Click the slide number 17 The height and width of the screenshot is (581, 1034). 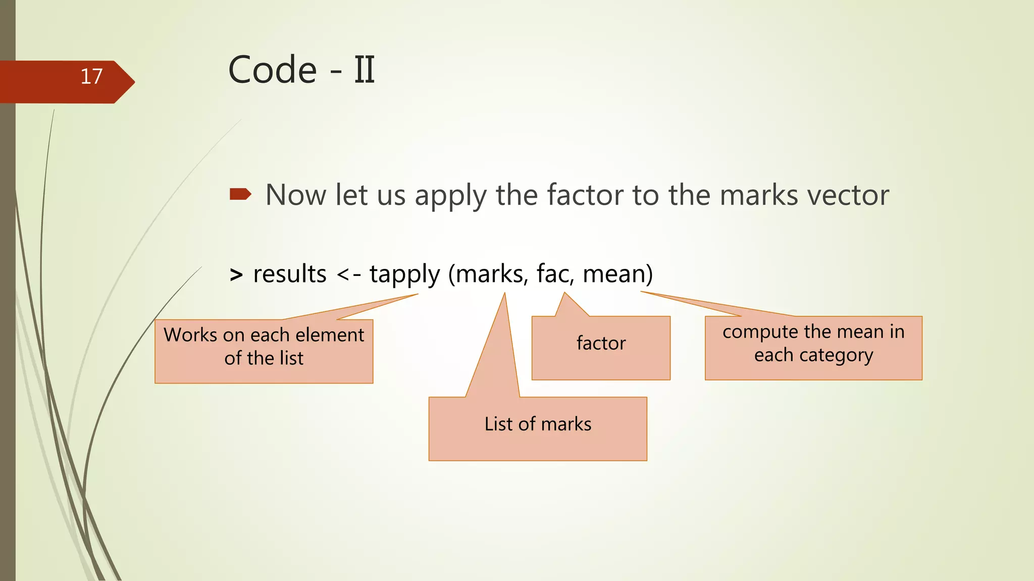click(x=91, y=77)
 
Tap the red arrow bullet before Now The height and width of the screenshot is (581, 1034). click(x=240, y=194)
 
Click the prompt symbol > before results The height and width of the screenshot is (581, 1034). click(x=236, y=275)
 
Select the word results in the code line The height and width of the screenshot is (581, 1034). click(x=290, y=274)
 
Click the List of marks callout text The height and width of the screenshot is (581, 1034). click(x=538, y=424)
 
